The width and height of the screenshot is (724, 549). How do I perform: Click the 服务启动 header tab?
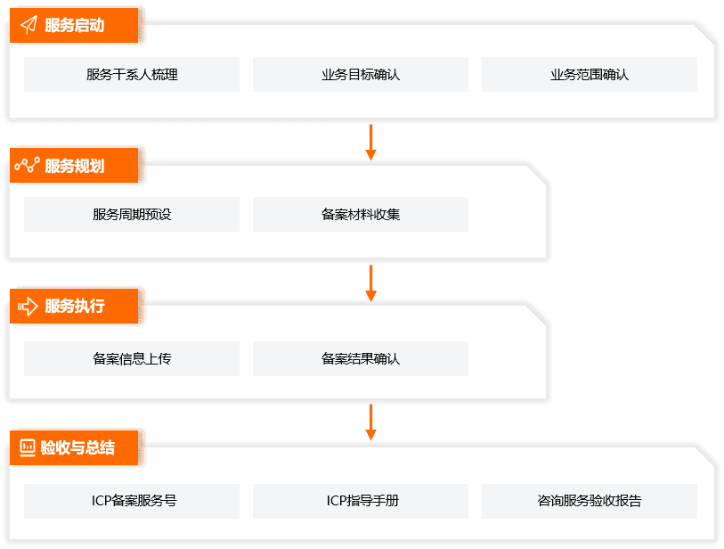coord(75,25)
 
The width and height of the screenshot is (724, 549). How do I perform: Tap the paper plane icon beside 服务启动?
coord(28,25)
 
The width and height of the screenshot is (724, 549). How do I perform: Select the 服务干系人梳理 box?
coord(132,75)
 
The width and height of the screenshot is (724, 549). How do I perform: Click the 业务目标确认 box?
coord(361,75)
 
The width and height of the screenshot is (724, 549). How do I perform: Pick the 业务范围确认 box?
coord(590,75)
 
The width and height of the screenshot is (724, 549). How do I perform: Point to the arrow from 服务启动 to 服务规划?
coord(370,142)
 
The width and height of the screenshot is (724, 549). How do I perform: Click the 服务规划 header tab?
coord(75,166)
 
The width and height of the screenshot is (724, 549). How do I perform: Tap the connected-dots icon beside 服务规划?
coord(28,166)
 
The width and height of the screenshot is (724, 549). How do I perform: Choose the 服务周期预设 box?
coord(132,215)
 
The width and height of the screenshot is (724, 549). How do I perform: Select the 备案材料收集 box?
coord(361,215)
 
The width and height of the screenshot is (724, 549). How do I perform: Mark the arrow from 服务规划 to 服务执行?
coord(370,282)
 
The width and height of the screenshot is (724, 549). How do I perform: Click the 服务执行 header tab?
coord(75,306)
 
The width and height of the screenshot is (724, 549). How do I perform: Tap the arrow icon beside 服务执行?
coord(28,306)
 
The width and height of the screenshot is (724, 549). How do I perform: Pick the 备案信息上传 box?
coord(132,359)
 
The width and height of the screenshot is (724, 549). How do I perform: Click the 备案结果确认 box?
coord(361,359)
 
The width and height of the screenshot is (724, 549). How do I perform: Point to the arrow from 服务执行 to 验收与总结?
coord(370,422)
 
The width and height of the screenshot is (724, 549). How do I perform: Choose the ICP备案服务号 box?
coord(132,501)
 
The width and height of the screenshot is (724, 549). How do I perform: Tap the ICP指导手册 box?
coord(361,501)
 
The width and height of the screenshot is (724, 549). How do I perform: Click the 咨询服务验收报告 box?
coord(590,501)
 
